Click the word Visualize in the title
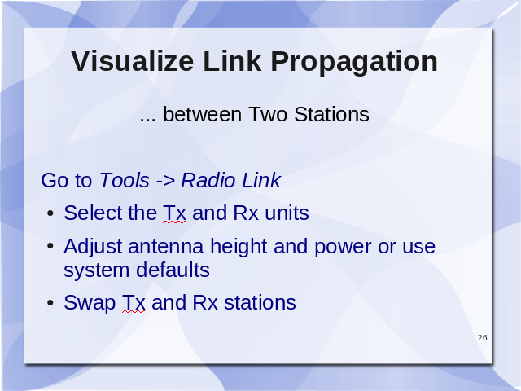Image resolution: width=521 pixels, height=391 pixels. (132, 61)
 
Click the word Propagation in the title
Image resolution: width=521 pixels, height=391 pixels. (354, 63)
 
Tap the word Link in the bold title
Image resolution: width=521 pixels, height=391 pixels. (232, 61)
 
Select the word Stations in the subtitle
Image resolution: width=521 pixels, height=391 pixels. (331, 114)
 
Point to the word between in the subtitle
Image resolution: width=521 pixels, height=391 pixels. (203, 114)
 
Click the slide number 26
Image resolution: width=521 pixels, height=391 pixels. (483, 338)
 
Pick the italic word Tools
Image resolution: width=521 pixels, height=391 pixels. (125, 180)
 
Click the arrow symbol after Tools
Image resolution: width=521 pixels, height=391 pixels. (165, 181)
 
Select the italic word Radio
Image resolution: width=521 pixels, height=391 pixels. (208, 180)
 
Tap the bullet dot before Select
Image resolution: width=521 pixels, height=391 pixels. (50, 213)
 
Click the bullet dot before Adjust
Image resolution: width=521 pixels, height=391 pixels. (50, 247)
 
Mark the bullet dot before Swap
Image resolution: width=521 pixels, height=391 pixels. (50, 303)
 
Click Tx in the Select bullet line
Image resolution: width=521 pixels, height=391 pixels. (174, 213)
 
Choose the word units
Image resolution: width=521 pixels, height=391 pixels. (287, 213)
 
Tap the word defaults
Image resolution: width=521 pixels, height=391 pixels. (173, 270)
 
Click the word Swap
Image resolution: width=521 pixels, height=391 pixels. (90, 304)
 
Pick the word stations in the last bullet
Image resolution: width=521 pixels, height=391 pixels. (260, 303)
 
